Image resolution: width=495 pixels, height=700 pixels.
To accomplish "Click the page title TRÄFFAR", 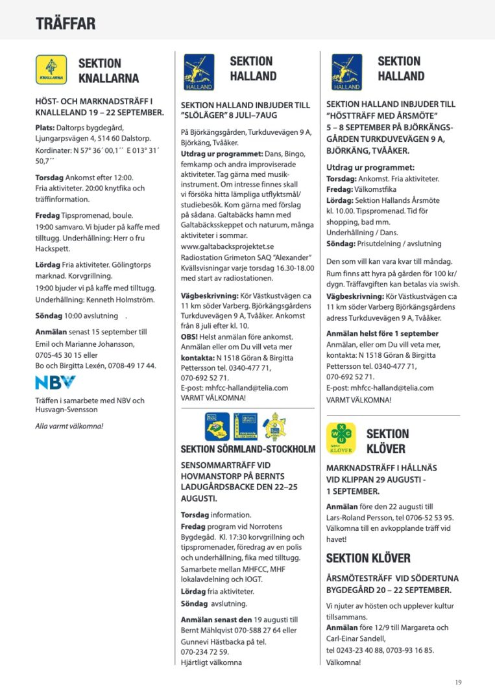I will coord(66,24).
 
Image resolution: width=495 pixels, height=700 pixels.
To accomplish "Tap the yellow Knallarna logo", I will coord(51,70).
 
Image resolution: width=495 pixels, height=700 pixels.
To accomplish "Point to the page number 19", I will coord(459,681).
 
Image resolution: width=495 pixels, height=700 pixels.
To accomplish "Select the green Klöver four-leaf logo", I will coord(342,439).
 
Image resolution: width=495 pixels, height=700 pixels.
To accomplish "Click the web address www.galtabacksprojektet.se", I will coord(227,246).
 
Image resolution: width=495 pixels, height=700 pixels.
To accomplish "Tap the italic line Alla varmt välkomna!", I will coord(69,426).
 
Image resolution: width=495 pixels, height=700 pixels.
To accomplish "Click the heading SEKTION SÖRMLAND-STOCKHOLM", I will coord(248,449).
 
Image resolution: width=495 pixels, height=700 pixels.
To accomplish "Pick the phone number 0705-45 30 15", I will coord(60,355).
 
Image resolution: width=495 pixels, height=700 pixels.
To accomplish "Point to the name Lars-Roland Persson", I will coord(360,517).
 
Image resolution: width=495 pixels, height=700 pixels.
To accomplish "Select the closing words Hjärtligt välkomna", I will coord(211,662).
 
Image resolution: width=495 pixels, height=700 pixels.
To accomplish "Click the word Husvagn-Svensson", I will coord(67,410).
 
